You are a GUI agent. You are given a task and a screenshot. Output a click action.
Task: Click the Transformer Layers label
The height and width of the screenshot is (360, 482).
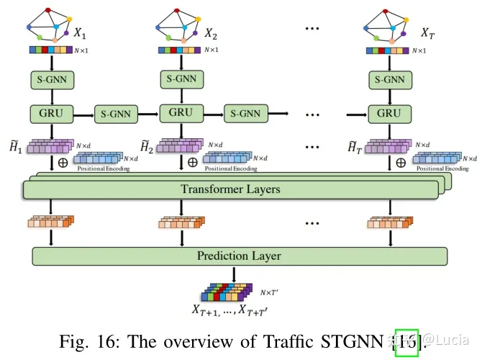231,190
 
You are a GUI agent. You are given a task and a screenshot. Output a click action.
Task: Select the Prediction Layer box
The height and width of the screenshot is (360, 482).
239,256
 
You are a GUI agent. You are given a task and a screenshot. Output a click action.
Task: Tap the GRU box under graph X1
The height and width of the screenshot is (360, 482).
50,113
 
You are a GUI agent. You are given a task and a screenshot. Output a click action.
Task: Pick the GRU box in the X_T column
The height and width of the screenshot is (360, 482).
388,113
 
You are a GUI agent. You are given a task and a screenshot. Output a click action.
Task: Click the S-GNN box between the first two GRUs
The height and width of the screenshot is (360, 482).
116,113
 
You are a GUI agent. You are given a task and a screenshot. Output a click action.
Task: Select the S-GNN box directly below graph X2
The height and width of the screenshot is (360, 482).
180,79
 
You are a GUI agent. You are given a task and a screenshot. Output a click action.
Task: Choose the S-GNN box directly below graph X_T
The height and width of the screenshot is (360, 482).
388,79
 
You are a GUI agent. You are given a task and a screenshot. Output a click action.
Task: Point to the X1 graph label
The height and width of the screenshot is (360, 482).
79,32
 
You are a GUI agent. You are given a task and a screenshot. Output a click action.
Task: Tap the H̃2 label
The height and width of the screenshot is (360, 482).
146,147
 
